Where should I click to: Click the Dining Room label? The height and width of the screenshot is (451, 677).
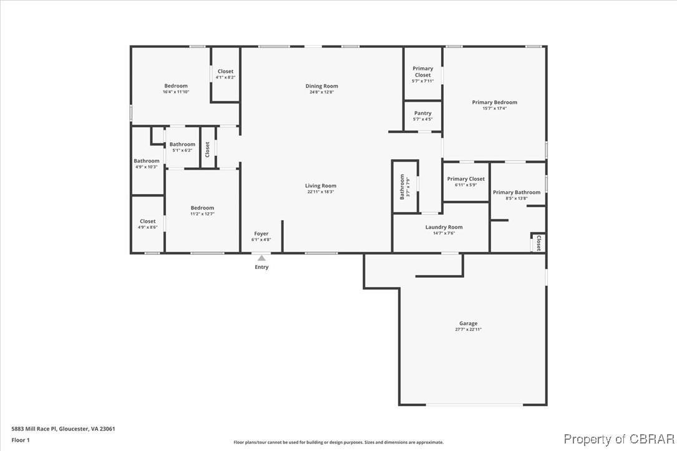[x=321, y=86]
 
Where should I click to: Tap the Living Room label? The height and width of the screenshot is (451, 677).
[x=321, y=186]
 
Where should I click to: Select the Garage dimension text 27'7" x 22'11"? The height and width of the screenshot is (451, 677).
[x=468, y=329]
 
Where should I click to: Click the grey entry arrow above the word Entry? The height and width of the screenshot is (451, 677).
[x=261, y=258]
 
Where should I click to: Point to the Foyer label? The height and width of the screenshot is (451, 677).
[x=261, y=234]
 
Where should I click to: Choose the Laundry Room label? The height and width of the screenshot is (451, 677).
[x=444, y=227]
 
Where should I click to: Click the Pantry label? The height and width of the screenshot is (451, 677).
[x=422, y=114]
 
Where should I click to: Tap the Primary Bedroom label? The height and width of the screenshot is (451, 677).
[x=494, y=102]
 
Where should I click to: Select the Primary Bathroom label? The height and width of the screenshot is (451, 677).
[x=517, y=192]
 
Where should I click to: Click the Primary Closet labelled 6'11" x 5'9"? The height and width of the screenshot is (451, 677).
[x=465, y=179]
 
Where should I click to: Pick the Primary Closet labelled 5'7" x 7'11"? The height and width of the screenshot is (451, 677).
[x=422, y=72]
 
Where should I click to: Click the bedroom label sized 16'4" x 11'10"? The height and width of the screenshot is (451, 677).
[x=176, y=86]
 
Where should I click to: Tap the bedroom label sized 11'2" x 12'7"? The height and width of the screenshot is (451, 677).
[x=202, y=208]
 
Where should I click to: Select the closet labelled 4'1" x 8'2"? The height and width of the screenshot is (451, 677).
[x=225, y=72]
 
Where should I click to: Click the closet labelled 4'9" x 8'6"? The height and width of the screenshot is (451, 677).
[x=148, y=221]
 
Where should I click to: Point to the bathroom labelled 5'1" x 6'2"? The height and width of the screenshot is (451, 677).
[x=182, y=145]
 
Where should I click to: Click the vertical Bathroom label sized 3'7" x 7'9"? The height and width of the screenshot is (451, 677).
[x=402, y=187]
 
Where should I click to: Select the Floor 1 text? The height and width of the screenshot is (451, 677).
[x=21, y=440]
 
